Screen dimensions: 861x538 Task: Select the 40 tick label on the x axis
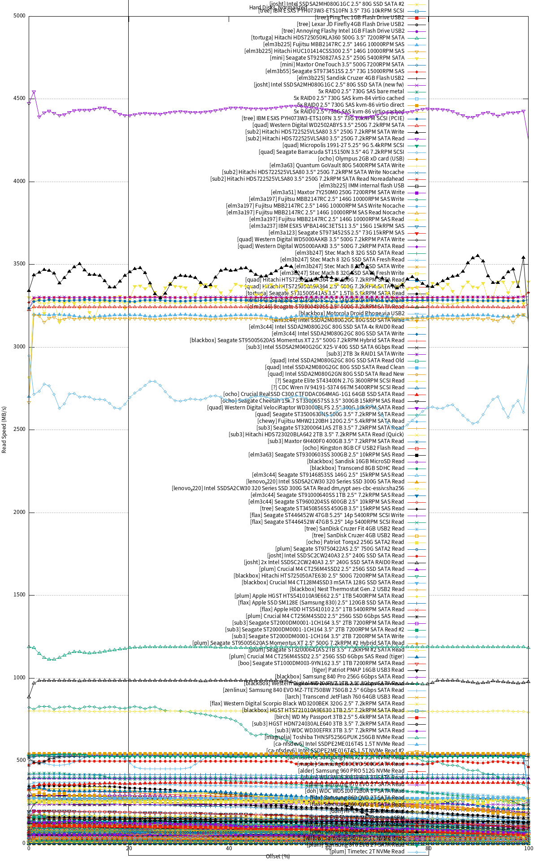[x=229, y=848]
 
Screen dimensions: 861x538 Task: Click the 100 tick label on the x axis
[x=528, y=848]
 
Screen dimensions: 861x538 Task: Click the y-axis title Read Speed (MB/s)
[x=4, y=430]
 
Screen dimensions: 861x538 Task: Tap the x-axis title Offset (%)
[x=278, y=856]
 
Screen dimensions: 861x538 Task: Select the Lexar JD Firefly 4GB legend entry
[x=350, y=24]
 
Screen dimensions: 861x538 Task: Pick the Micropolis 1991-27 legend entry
[x=343, y=145]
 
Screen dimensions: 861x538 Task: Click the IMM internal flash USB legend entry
[x=361, y=186]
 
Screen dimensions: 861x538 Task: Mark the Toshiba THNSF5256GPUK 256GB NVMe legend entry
[x=334, y=737]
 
